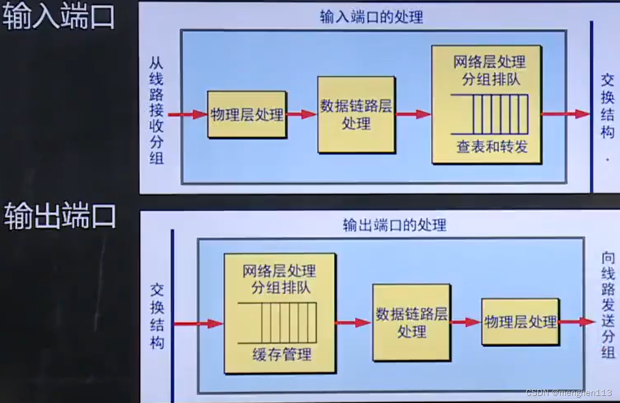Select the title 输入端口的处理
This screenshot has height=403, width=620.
point(371,17)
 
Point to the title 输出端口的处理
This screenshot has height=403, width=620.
point(394,225)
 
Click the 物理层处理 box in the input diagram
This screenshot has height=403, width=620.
point(247,115)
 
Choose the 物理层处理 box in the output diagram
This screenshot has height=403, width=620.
point(520,322)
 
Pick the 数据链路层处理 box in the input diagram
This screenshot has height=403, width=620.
point(356,114)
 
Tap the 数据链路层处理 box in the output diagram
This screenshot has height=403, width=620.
point(411,322)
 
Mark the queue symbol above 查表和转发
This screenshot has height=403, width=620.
point(489,114)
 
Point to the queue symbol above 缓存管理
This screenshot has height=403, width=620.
point(277,322)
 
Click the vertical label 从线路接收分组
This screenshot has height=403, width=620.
point(157,111)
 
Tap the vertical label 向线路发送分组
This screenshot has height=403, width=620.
point(608,305)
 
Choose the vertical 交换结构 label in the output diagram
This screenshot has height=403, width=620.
point(157,316)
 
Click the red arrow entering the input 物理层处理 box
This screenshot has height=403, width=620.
point(188,115)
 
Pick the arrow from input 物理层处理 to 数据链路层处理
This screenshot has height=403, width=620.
point(301,115)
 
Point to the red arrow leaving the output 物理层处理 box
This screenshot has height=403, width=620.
point(577,322)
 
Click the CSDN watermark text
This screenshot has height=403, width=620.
point(568,393)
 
